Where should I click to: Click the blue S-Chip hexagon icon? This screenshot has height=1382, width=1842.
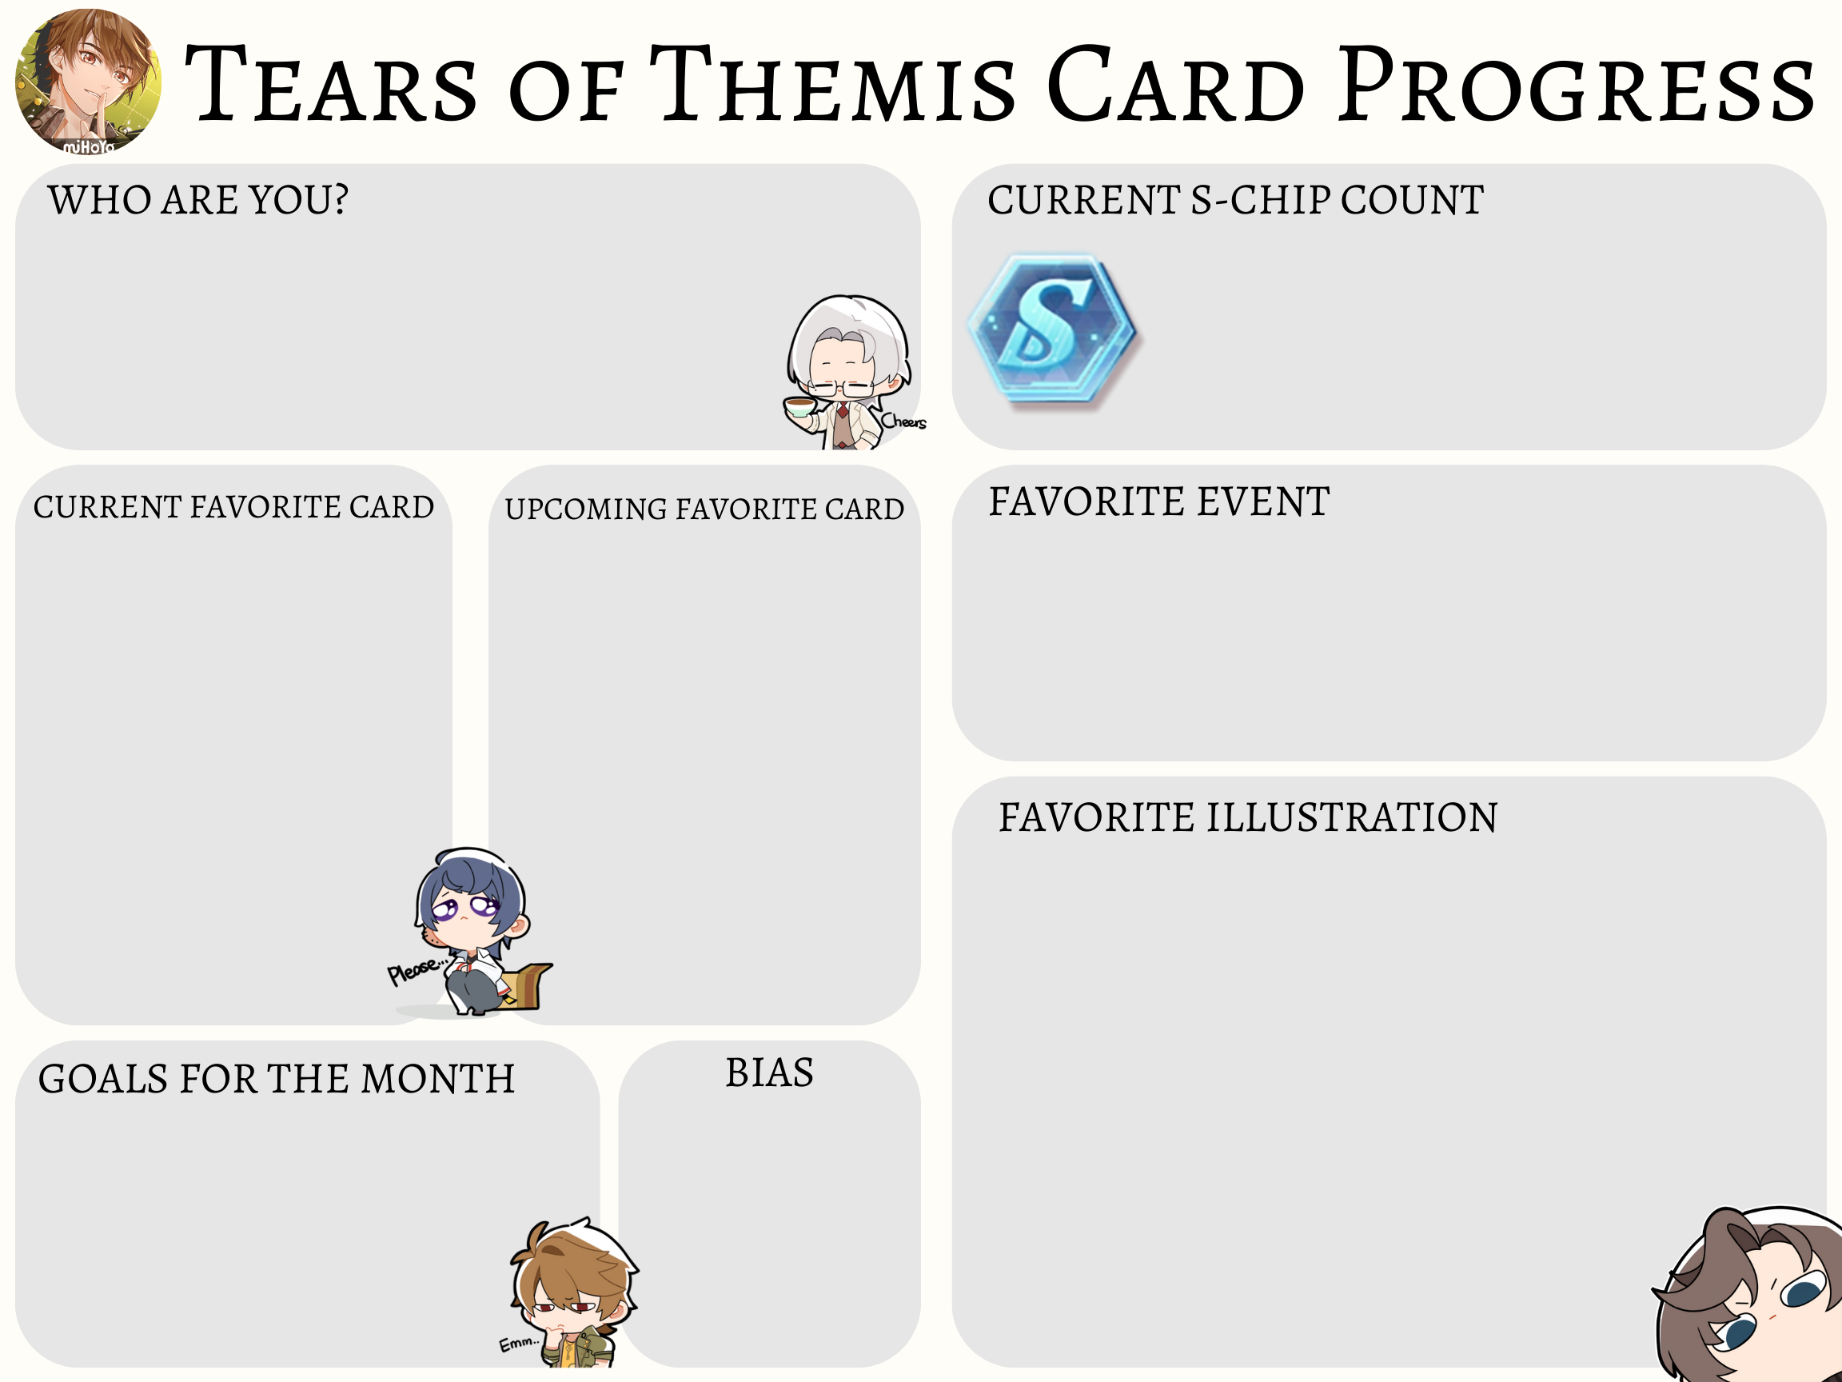click(x=1053, y=330)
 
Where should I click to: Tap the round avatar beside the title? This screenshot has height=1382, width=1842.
click(x=88, y=81)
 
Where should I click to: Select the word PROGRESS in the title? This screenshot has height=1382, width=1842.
click(x=1577, y=84)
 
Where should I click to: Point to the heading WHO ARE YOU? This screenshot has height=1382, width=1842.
click(x=198, y=200)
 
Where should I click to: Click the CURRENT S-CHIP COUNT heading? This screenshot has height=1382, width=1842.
click(x=1236, y=200)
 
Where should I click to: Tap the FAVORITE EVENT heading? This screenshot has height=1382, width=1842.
click(x=1159, y=501)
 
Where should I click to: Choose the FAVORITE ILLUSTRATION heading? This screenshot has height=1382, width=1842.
click(x=1248, y=817)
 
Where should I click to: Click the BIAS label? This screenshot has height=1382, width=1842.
click(x=769, y=1072)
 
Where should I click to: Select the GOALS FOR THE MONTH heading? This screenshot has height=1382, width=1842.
click(x=277, y=1079)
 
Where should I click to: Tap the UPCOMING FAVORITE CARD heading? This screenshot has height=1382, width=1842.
click(x=704, y=509)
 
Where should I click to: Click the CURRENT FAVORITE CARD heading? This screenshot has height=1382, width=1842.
click(x=233, y=506)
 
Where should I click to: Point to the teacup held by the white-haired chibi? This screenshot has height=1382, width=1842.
click(x=799, y=407)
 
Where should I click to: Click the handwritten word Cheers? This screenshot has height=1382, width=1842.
click(x=903, y=421)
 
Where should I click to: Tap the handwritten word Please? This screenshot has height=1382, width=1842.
click(x=414, y=969)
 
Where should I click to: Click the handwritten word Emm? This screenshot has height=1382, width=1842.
click(x=518, y=1343)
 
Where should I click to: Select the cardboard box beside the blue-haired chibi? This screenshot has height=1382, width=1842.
click(x=526, y=986)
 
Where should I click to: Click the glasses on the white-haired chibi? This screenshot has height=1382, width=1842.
click(x=843, y=388)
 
